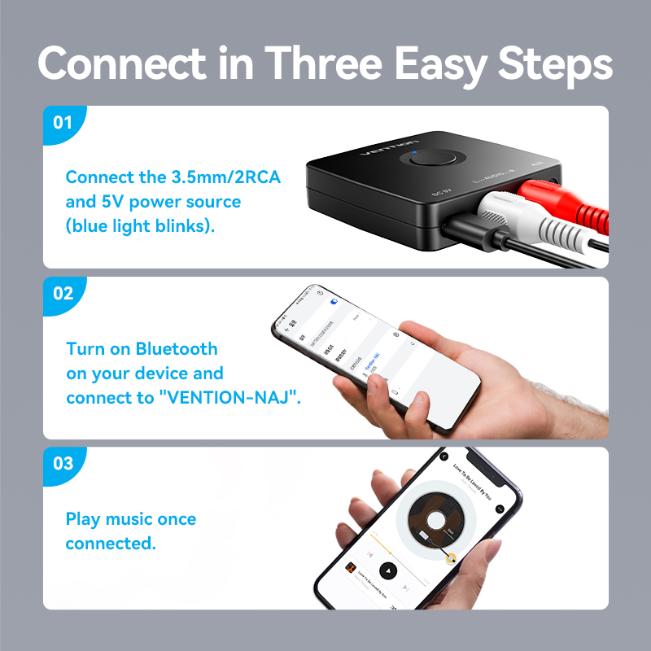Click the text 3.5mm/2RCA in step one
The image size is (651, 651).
(x=221, y=177)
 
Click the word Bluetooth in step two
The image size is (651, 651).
(x=177, y=349)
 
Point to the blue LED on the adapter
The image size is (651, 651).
(x=414, y=151)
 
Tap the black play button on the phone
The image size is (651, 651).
(x=388, y=570)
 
